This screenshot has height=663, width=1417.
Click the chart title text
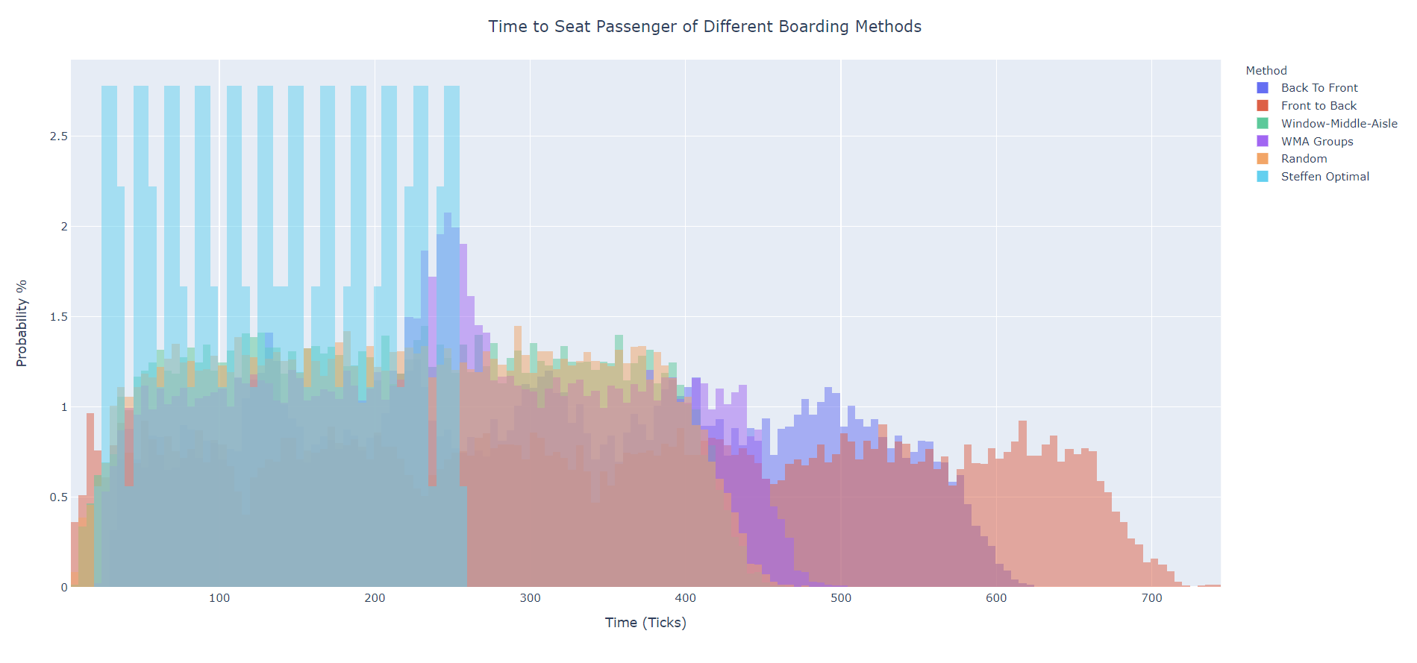click(704, 27)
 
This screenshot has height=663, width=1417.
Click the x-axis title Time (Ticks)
click(645, 623)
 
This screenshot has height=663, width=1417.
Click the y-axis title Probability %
click(22, 323)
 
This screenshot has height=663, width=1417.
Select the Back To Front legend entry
click(1319, 88)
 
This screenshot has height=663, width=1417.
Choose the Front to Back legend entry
click(1319, 106)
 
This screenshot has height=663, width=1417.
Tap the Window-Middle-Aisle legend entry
click(1339, 124)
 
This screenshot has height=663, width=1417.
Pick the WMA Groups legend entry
click(1316, 142)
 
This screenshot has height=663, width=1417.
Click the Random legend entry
click(1304, 159)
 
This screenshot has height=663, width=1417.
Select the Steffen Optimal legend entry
click(1324, 177)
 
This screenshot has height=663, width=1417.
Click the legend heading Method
click(1266, 71)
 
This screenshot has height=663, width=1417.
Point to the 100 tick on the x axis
click(219, 598)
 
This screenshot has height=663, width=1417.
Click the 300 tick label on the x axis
click(530, 598)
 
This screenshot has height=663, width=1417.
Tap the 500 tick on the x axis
click(841, 598)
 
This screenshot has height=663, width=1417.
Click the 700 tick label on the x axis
click(1151, 598)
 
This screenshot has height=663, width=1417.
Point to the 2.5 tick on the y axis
click(59, 136)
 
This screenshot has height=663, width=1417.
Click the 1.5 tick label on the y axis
click(59, 317)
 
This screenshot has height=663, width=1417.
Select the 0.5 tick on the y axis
click(59, 497)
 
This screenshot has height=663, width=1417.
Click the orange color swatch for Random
click(1263, 159)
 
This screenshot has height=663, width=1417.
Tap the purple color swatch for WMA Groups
click(1263, 142)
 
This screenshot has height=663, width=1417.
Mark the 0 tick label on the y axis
click(64, 588)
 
